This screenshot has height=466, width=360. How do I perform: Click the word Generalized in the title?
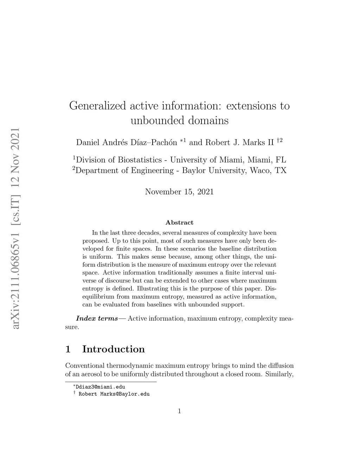97,106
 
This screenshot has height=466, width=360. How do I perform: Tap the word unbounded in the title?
157,121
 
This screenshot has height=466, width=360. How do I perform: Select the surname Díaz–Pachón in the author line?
154,142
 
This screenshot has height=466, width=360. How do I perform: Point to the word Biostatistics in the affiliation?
140,160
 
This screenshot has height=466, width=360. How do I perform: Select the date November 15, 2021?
179,192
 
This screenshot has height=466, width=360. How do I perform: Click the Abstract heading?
179,223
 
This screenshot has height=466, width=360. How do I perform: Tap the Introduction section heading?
113,349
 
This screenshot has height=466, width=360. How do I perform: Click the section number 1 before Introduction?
68,349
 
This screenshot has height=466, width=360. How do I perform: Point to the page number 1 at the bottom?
179,411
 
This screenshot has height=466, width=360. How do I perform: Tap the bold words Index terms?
97,319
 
